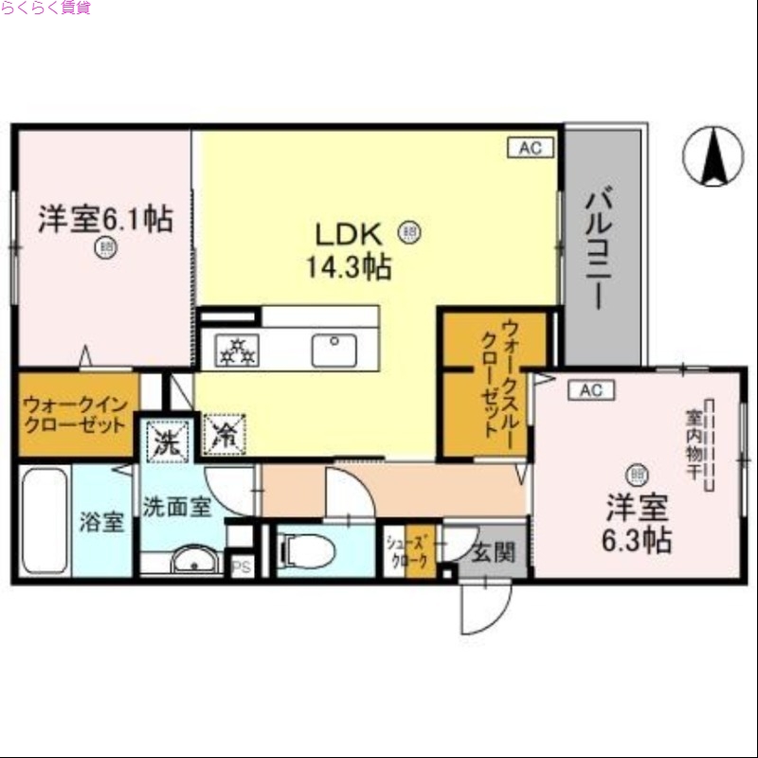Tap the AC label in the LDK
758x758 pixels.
tap(529, 148)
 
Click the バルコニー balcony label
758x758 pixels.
tap(596, 249)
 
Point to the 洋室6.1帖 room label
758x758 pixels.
tap(104, 220)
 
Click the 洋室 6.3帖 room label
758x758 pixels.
tap(639, 524)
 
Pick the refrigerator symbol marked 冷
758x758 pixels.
tap(225, 436)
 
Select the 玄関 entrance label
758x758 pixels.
tap(493, 551)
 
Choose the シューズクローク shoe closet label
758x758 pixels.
tap(408, 551)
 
